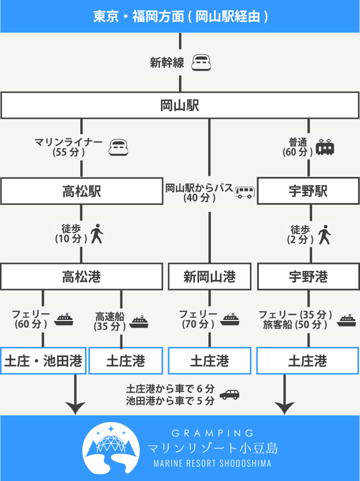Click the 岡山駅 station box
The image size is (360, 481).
tap(179, 106)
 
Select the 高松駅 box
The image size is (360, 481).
tap(81, 191)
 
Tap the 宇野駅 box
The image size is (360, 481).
tap(308, 191)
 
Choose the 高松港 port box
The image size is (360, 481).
tap(81, 277)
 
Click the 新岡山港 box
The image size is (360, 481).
tap(209, 277)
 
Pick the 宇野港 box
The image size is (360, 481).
tap(308, 277)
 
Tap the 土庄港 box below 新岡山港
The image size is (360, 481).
tap(209, 361)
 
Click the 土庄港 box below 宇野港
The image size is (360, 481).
tap(308, 361)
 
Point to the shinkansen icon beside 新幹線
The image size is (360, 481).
tap(201, 63)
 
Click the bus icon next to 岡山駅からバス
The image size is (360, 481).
tap(244, 192)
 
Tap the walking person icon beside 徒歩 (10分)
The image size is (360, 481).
tap(97, 235)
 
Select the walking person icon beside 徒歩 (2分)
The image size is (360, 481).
tap(324, 235)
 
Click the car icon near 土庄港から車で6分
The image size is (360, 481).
tap(229, 395)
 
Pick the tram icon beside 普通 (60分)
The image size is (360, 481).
tap(325, 147)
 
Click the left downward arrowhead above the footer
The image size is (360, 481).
tap(76, 407)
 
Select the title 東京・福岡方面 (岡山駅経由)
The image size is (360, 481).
tap(179, 16)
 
